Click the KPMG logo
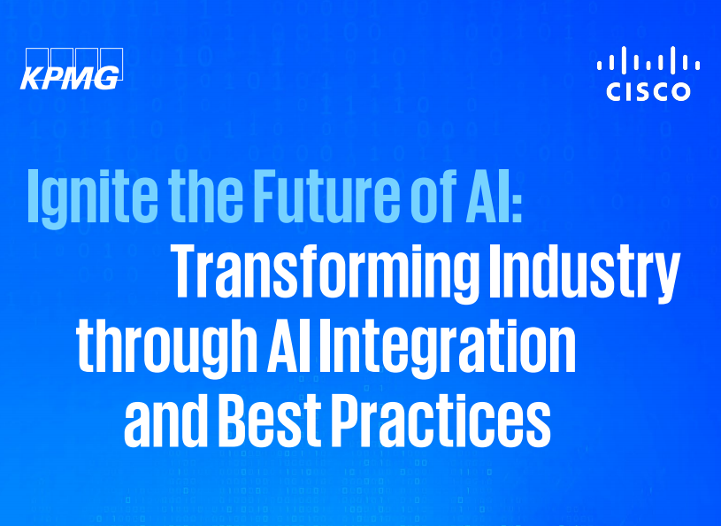coord(72,68)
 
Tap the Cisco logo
coord(648,73)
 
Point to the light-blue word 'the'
coord(205,195)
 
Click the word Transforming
coord(324,275)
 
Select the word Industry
coord(584,274)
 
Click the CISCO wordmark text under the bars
coord(648,91)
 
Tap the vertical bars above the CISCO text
coord(648,60)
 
